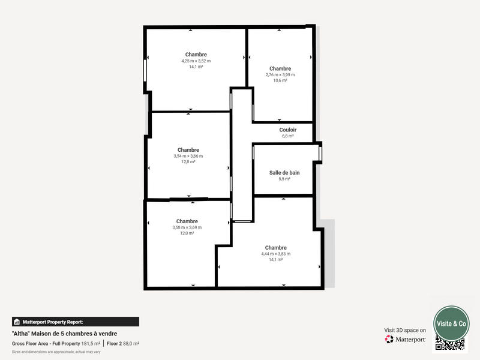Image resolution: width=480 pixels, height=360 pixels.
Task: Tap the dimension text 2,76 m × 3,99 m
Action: tap(280, 74)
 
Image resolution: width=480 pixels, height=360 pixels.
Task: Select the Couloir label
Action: tap(288, 130)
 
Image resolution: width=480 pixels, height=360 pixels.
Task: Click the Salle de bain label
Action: tap(284, 173)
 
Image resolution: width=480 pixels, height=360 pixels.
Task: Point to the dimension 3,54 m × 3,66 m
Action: tap(188, 156)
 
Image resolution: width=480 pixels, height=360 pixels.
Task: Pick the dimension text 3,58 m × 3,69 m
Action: tap(187, 227)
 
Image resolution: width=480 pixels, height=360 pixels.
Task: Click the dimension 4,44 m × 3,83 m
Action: tap(276, 254)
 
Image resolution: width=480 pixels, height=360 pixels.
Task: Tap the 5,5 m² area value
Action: tap(284, 179)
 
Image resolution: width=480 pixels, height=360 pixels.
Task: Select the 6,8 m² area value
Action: tap(288, 136)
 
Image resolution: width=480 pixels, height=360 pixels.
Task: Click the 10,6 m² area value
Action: tap(280, 80)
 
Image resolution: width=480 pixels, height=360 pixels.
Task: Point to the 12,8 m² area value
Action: tap(188, 162)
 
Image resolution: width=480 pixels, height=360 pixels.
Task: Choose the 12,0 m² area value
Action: tap(187, 233)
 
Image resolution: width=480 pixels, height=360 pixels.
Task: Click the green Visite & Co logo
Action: tap(451, 323)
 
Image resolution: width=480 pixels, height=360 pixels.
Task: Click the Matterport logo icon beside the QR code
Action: tap(389, 340)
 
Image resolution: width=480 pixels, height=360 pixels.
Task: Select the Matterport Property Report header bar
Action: tap(76, 322)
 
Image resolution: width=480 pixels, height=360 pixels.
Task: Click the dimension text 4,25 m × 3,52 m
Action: tap(196, 61)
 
